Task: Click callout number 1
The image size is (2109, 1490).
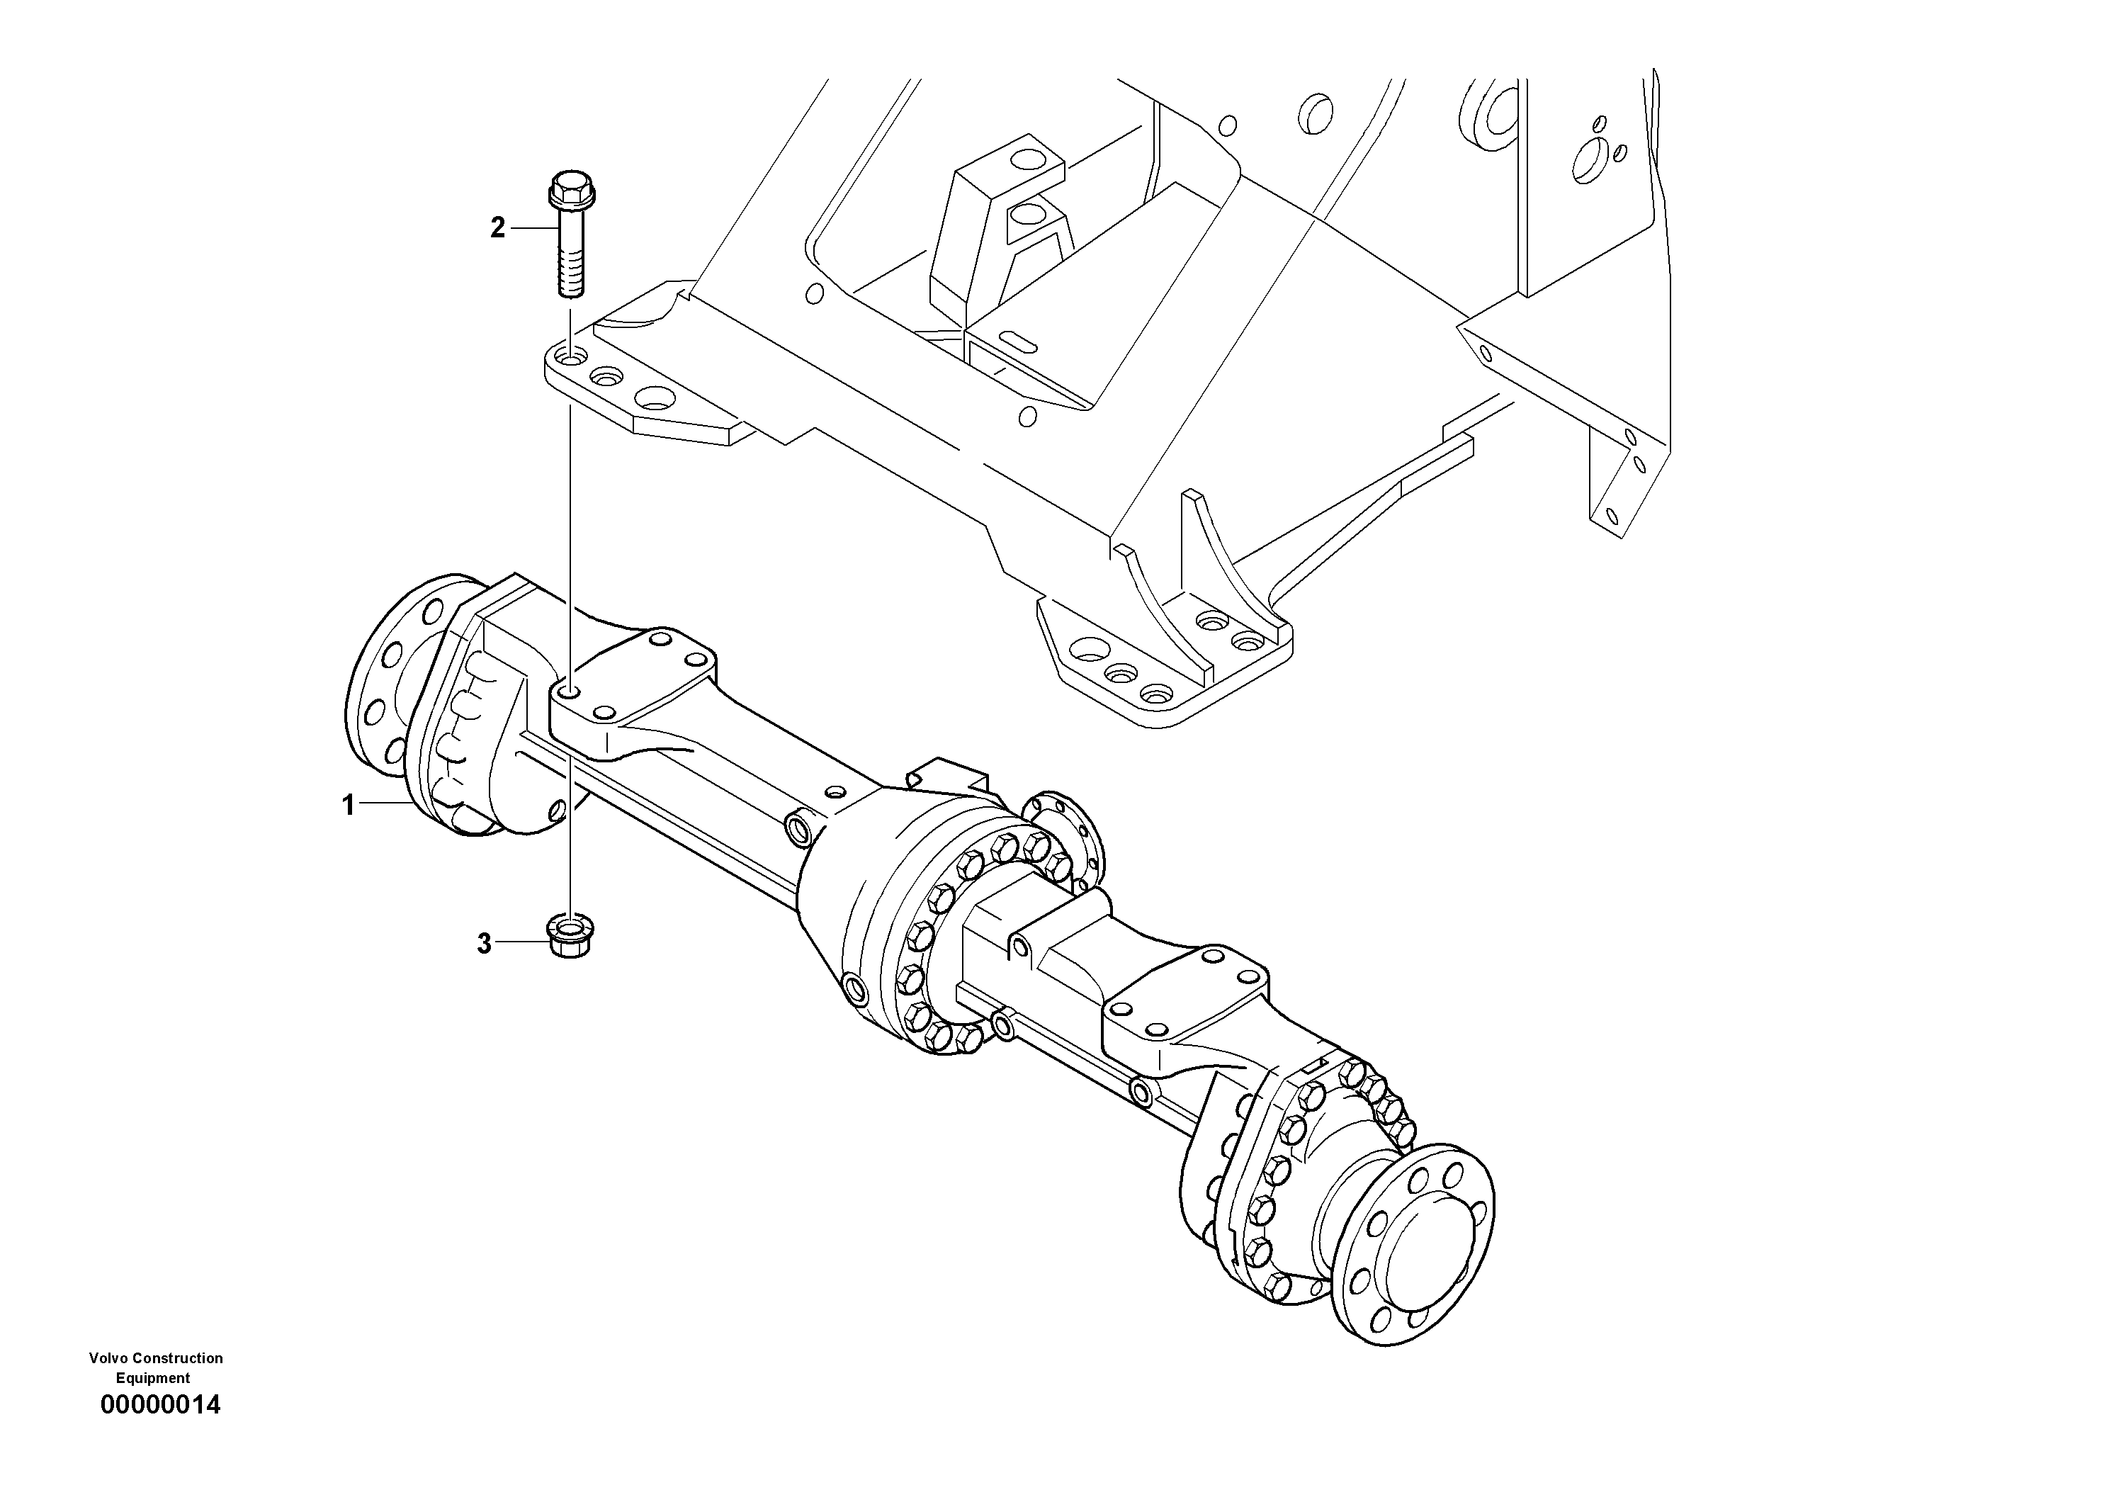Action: (348, 806)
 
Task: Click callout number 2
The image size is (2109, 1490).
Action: (497, 228)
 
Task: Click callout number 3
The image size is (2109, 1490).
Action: (484, 944)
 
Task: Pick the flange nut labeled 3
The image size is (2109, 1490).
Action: (569, 936)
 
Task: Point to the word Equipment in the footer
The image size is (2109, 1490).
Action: (152, 1378)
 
